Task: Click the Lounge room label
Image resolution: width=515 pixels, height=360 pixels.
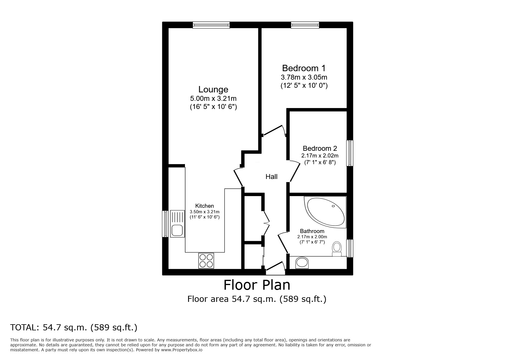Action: (x=213, y=89)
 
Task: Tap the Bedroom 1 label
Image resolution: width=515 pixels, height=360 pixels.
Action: (x=304, y=68)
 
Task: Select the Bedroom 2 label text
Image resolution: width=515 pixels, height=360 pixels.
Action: (x=320, y=148)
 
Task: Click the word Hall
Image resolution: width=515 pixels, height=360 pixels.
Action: (x=271, y=177)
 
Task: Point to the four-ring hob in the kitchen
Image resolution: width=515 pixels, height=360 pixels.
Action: (x=206, y=260)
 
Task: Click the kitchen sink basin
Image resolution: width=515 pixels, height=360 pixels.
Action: (x=177, y=230)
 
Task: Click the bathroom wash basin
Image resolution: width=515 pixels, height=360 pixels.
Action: (x=302, y=263)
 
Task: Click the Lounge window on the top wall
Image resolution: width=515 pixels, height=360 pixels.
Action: (x=211, y=25)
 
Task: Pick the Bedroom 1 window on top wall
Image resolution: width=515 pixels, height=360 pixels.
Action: (x=305, y=25)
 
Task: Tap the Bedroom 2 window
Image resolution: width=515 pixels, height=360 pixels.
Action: (x=350, y=153)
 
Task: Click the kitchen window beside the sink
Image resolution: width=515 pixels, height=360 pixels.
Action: (x=165, y=224)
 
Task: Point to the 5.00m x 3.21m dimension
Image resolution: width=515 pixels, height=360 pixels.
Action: (x=213, y=98)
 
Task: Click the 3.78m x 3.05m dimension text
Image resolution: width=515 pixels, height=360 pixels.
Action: (x=304, y=77)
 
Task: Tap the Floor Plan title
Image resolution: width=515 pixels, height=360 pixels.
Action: (x=257, y=285)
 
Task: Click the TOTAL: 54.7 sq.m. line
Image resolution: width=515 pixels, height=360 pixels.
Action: (x=74, y=327)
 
